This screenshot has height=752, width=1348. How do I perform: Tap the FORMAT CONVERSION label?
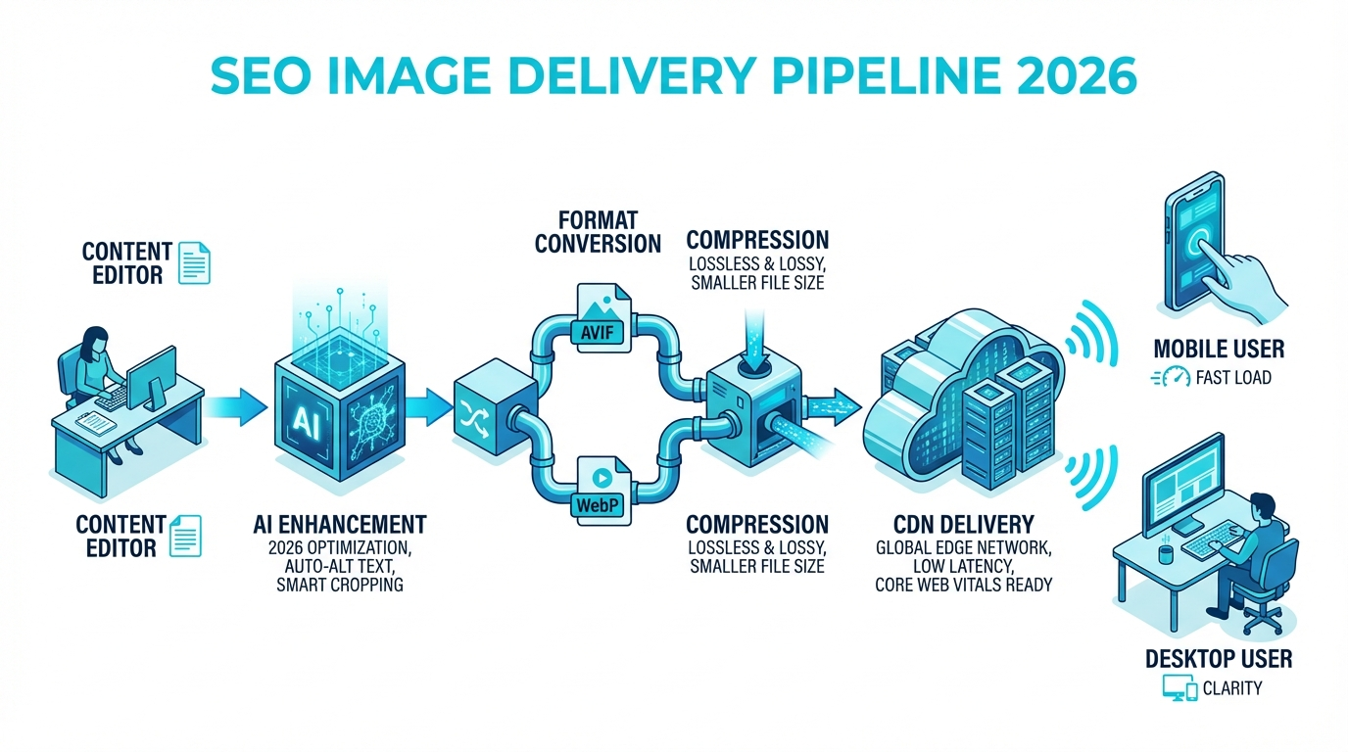click(x=598, y=230)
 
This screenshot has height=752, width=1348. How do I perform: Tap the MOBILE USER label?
click(x=1219, y=348)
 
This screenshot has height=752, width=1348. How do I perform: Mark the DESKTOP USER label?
click(x=1219, y=658)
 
